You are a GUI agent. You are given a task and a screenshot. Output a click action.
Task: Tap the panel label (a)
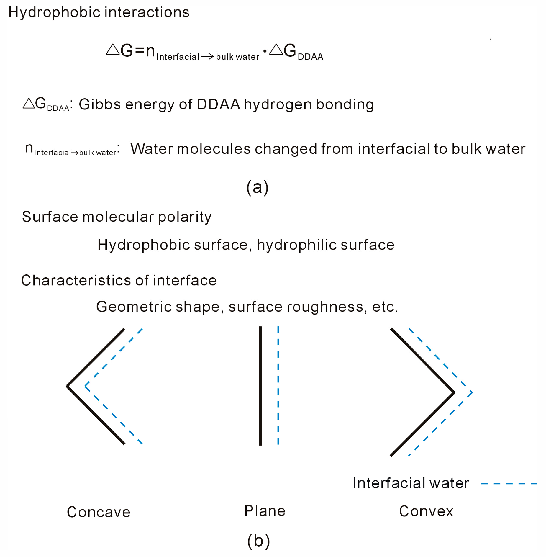click(x=257, y=187)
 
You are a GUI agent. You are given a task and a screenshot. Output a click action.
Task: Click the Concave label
click(x=99, y=512)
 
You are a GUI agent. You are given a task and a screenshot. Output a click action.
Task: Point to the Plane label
click(x=265, y=511)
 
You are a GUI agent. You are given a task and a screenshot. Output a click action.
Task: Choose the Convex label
click(x=426, y=511)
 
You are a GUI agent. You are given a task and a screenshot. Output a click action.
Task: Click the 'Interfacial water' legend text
click(x=410, y=483)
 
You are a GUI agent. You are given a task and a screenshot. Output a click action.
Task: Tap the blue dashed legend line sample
click(x=509, y=484)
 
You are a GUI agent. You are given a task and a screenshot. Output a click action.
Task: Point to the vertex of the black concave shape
click(x=68, y=386)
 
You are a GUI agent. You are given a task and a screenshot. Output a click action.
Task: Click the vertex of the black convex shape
click(x=454, y=392)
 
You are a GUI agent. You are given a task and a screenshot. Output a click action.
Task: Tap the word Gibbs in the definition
click(x=100, y=104)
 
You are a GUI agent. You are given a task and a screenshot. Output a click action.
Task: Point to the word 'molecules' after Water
click(x=214, y=149)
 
